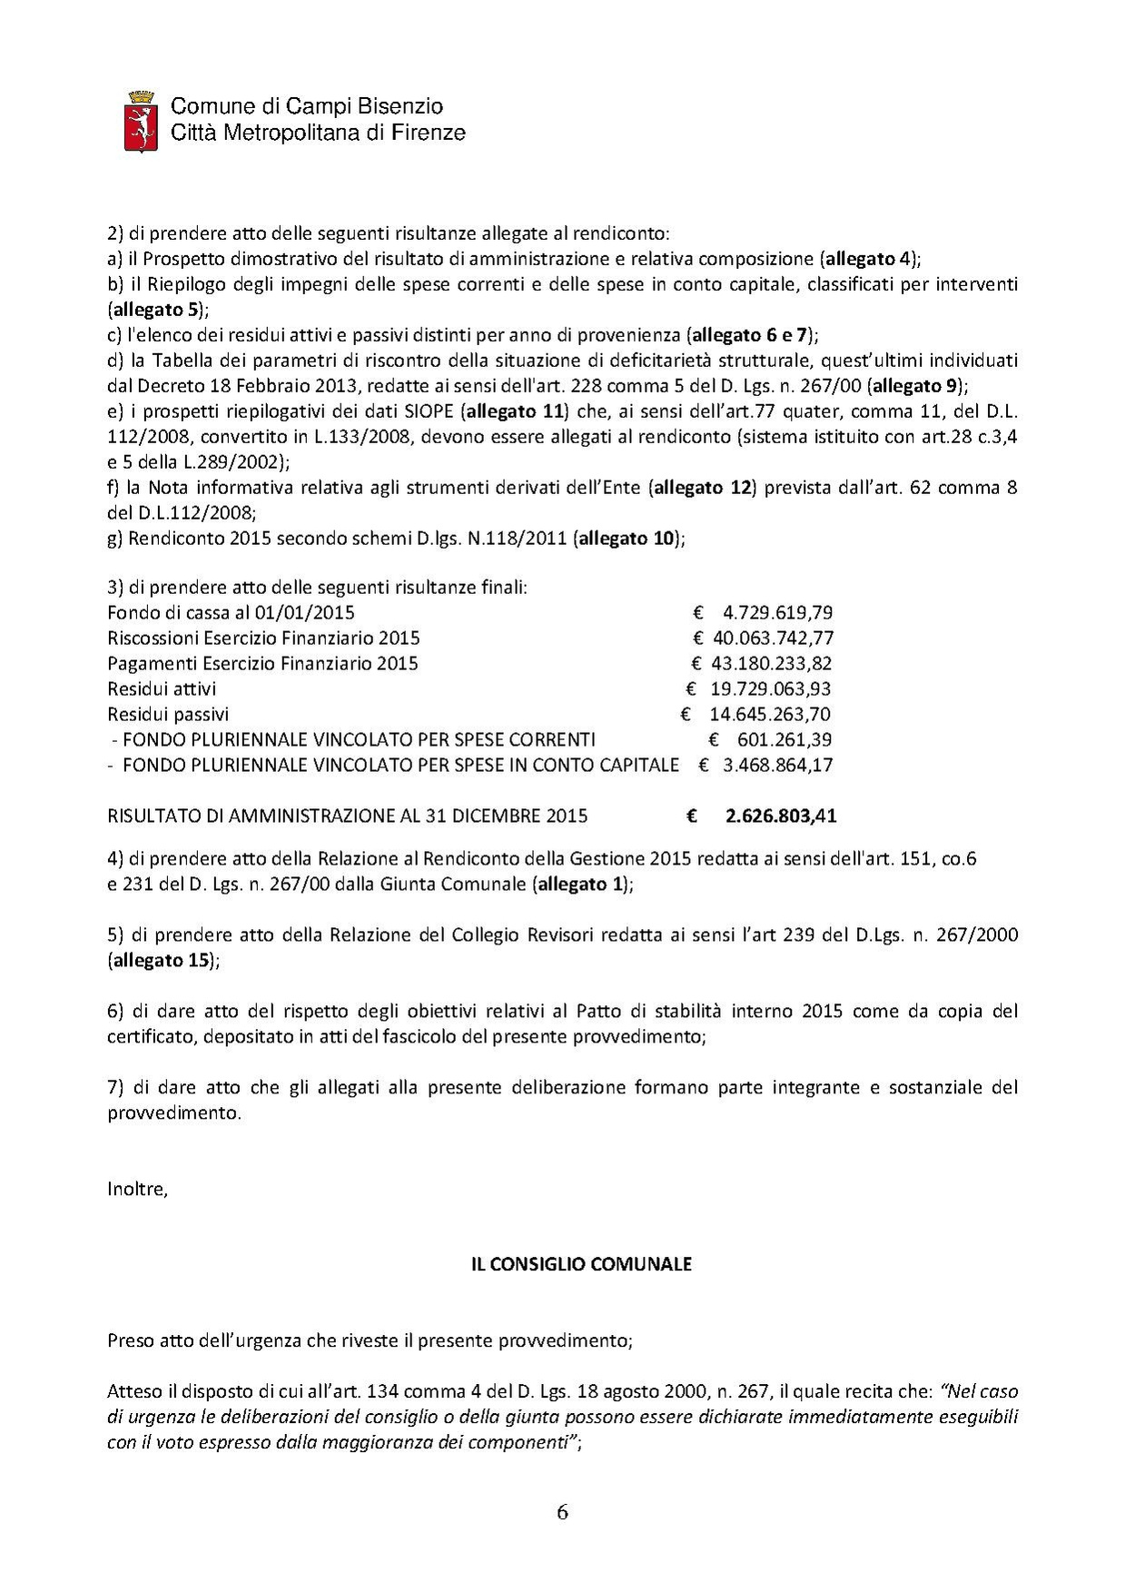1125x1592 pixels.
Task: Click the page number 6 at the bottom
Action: click(562, 1511)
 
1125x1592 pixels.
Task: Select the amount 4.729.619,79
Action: click(778, 612)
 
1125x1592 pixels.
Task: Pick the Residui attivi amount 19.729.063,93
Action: click(770, 688)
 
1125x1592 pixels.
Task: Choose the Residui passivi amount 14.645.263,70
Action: click(769, 714)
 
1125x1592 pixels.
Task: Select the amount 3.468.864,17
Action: click(777, 765)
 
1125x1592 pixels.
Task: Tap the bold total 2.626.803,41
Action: click(781, 816)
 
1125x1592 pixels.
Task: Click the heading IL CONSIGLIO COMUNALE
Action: click(581, 1264)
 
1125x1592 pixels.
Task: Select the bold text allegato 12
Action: click(702, 488)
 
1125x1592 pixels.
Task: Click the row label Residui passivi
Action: click(168, 714)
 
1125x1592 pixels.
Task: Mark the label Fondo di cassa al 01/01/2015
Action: click(231, 612)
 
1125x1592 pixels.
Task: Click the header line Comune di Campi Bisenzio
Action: click(307, 107)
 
